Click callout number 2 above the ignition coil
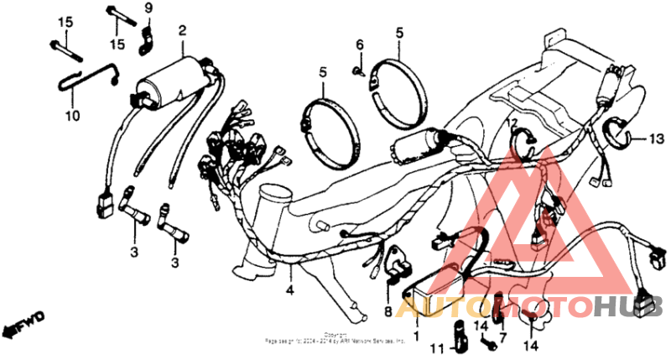pos(181,31)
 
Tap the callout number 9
pos(148,9)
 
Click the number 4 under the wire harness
pos(289,291)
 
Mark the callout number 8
pos(388,310)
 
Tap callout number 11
pos(439,347)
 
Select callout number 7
pos(503,337)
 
